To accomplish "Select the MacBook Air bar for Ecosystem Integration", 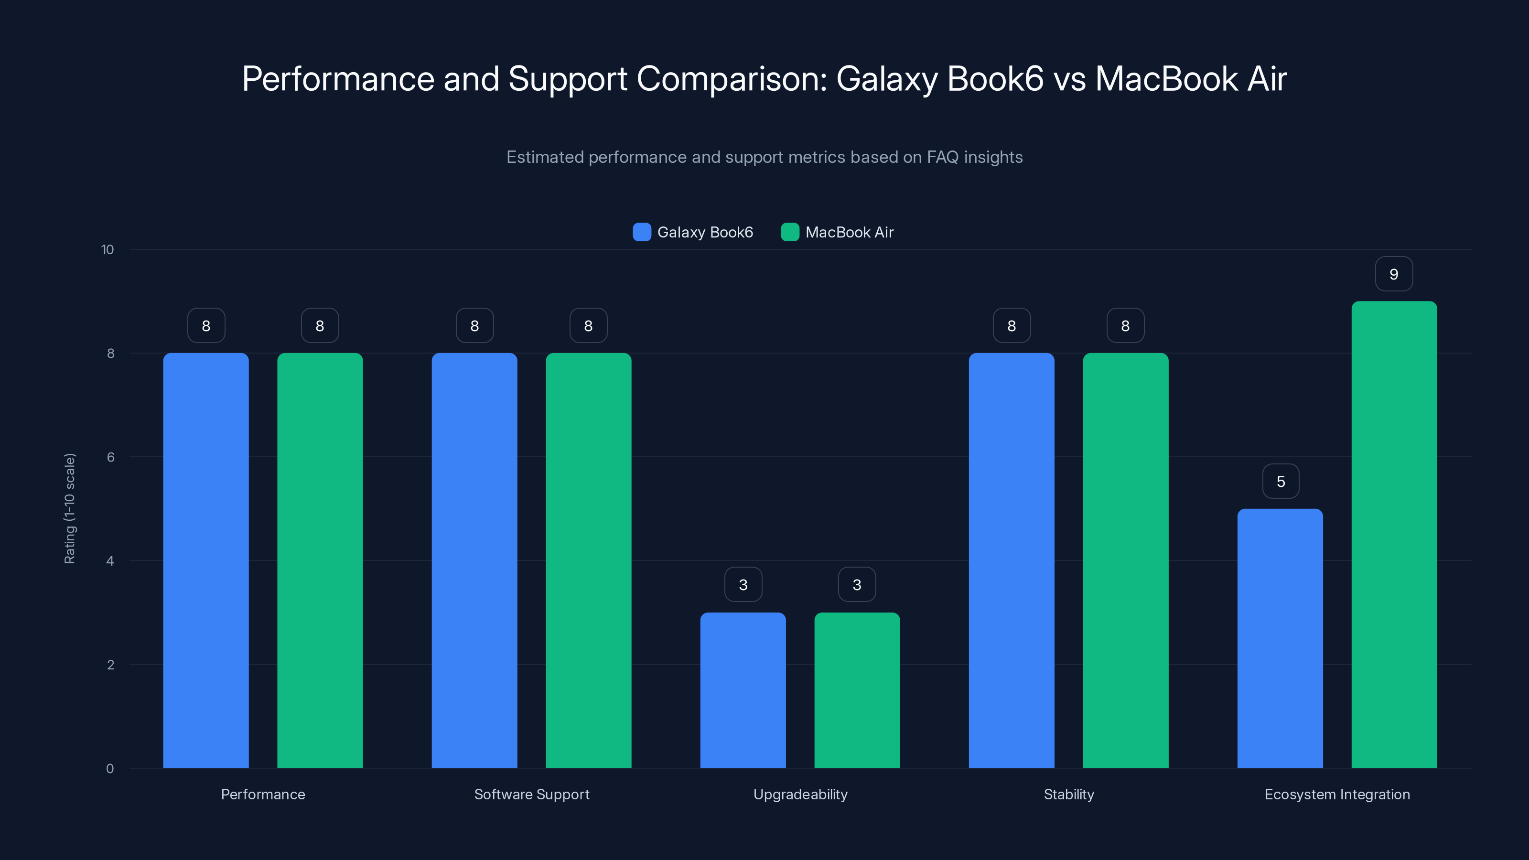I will click(1394, 534).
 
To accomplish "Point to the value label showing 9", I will click(1394, 274).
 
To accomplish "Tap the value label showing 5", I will click(1281, 481).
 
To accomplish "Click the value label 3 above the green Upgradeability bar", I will click(857, 585).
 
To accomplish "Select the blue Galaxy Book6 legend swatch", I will click(642, 232).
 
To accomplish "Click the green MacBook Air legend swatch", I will click(790, 232).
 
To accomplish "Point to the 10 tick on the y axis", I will click(108, 249).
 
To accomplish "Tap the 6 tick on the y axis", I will click(110, 457).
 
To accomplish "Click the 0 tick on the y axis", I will click(110, 769).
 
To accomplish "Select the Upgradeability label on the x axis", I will click(800, 794).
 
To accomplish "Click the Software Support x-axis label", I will click(532, 794).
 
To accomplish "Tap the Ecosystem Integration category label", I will click(1337, 794).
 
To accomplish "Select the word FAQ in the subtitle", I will click(943, 157).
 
